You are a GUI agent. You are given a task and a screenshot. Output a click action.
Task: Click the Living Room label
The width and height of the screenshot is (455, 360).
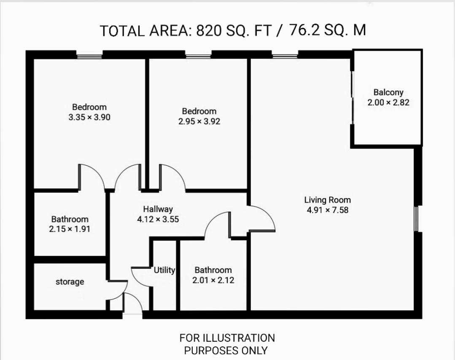[327, 200]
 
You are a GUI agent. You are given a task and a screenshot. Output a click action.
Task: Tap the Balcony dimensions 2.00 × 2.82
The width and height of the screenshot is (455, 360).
[388, 103]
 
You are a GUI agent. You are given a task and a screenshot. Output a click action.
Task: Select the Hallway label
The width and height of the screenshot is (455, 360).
[158, 209]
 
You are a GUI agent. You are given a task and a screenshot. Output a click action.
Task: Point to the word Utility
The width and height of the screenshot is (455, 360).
[164, 270]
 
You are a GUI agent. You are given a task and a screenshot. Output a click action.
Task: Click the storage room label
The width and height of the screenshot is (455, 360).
[70, 282]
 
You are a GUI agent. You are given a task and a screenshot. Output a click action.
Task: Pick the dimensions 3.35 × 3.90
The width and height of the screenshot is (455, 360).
[89, 117]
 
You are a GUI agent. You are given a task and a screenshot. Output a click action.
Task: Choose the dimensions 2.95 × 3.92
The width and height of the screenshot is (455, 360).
[199, 122]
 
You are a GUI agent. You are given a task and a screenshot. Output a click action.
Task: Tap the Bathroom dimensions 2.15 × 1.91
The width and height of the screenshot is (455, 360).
[70, 229]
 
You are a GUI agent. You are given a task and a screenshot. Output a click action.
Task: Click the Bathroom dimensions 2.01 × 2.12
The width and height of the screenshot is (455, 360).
[213, 280]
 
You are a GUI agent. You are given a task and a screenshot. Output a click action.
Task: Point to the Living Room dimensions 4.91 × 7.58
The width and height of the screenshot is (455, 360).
[328, 210]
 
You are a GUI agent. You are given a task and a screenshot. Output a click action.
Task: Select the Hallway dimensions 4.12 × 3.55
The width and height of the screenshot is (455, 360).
[158, 219]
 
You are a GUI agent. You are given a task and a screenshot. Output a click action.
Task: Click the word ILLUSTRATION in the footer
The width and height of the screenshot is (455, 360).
[239, 338]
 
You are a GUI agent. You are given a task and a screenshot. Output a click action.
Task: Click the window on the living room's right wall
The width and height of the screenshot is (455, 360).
[416, 219]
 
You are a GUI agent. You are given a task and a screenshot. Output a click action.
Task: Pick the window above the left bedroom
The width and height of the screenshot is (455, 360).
[89, 55]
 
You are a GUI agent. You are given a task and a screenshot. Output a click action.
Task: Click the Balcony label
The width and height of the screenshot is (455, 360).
[388, 92]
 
